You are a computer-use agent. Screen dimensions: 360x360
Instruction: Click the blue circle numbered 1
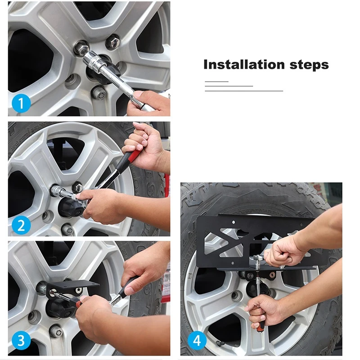click(21, 103)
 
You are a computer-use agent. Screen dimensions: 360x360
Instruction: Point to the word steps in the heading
click(309, 65)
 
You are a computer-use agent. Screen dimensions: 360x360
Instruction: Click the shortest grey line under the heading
click(216, 81)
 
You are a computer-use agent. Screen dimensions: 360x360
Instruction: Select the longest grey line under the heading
click(244, 91)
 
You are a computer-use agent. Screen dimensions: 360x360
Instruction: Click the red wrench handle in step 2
click(134, 155)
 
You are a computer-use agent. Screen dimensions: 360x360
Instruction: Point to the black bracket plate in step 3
click(73, 288)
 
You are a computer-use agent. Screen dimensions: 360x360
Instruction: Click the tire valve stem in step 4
click(221, 343)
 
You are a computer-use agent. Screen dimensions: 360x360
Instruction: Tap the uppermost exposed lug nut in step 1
click(112, 41)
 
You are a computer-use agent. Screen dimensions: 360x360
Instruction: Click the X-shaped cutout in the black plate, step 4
click(223, 242)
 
